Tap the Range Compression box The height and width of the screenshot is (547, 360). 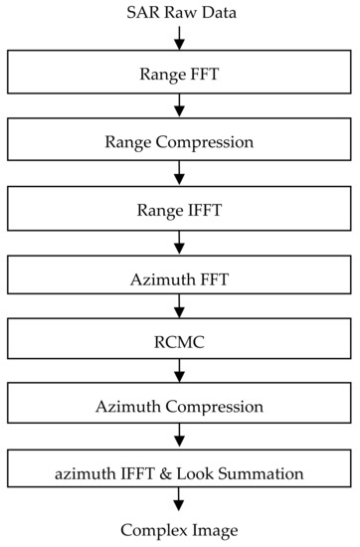[x=179, y=141]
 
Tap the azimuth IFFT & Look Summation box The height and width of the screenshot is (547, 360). [x=179, y=470]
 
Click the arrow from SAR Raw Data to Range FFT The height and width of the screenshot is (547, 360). [x=179, y=37]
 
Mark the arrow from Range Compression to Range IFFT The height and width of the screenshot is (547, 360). [x=179, y=174]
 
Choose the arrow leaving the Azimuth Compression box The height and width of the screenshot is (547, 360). [x=179, y=438]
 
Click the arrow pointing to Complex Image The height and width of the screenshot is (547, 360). [x=179, y=504]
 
